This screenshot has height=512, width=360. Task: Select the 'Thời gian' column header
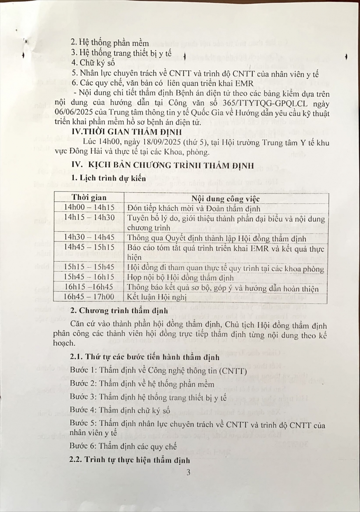(x=89, y=198)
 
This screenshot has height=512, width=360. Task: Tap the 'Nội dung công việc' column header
(x=226, y=199)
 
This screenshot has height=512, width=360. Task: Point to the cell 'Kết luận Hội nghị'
(x=157, y=297)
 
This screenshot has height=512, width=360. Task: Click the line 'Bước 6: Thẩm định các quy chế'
(x=123, y=447)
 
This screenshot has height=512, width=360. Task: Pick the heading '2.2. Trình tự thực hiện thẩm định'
(x=130, y=460)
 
